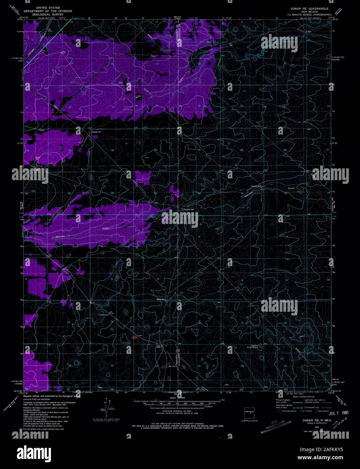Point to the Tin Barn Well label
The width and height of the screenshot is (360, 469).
pyautogui.click(x=138, y=97)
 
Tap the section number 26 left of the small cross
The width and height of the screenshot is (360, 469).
pyautogui.click(x=113, y=150)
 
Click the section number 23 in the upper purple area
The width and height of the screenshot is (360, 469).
pyautogui.click(x=113, y=107)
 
